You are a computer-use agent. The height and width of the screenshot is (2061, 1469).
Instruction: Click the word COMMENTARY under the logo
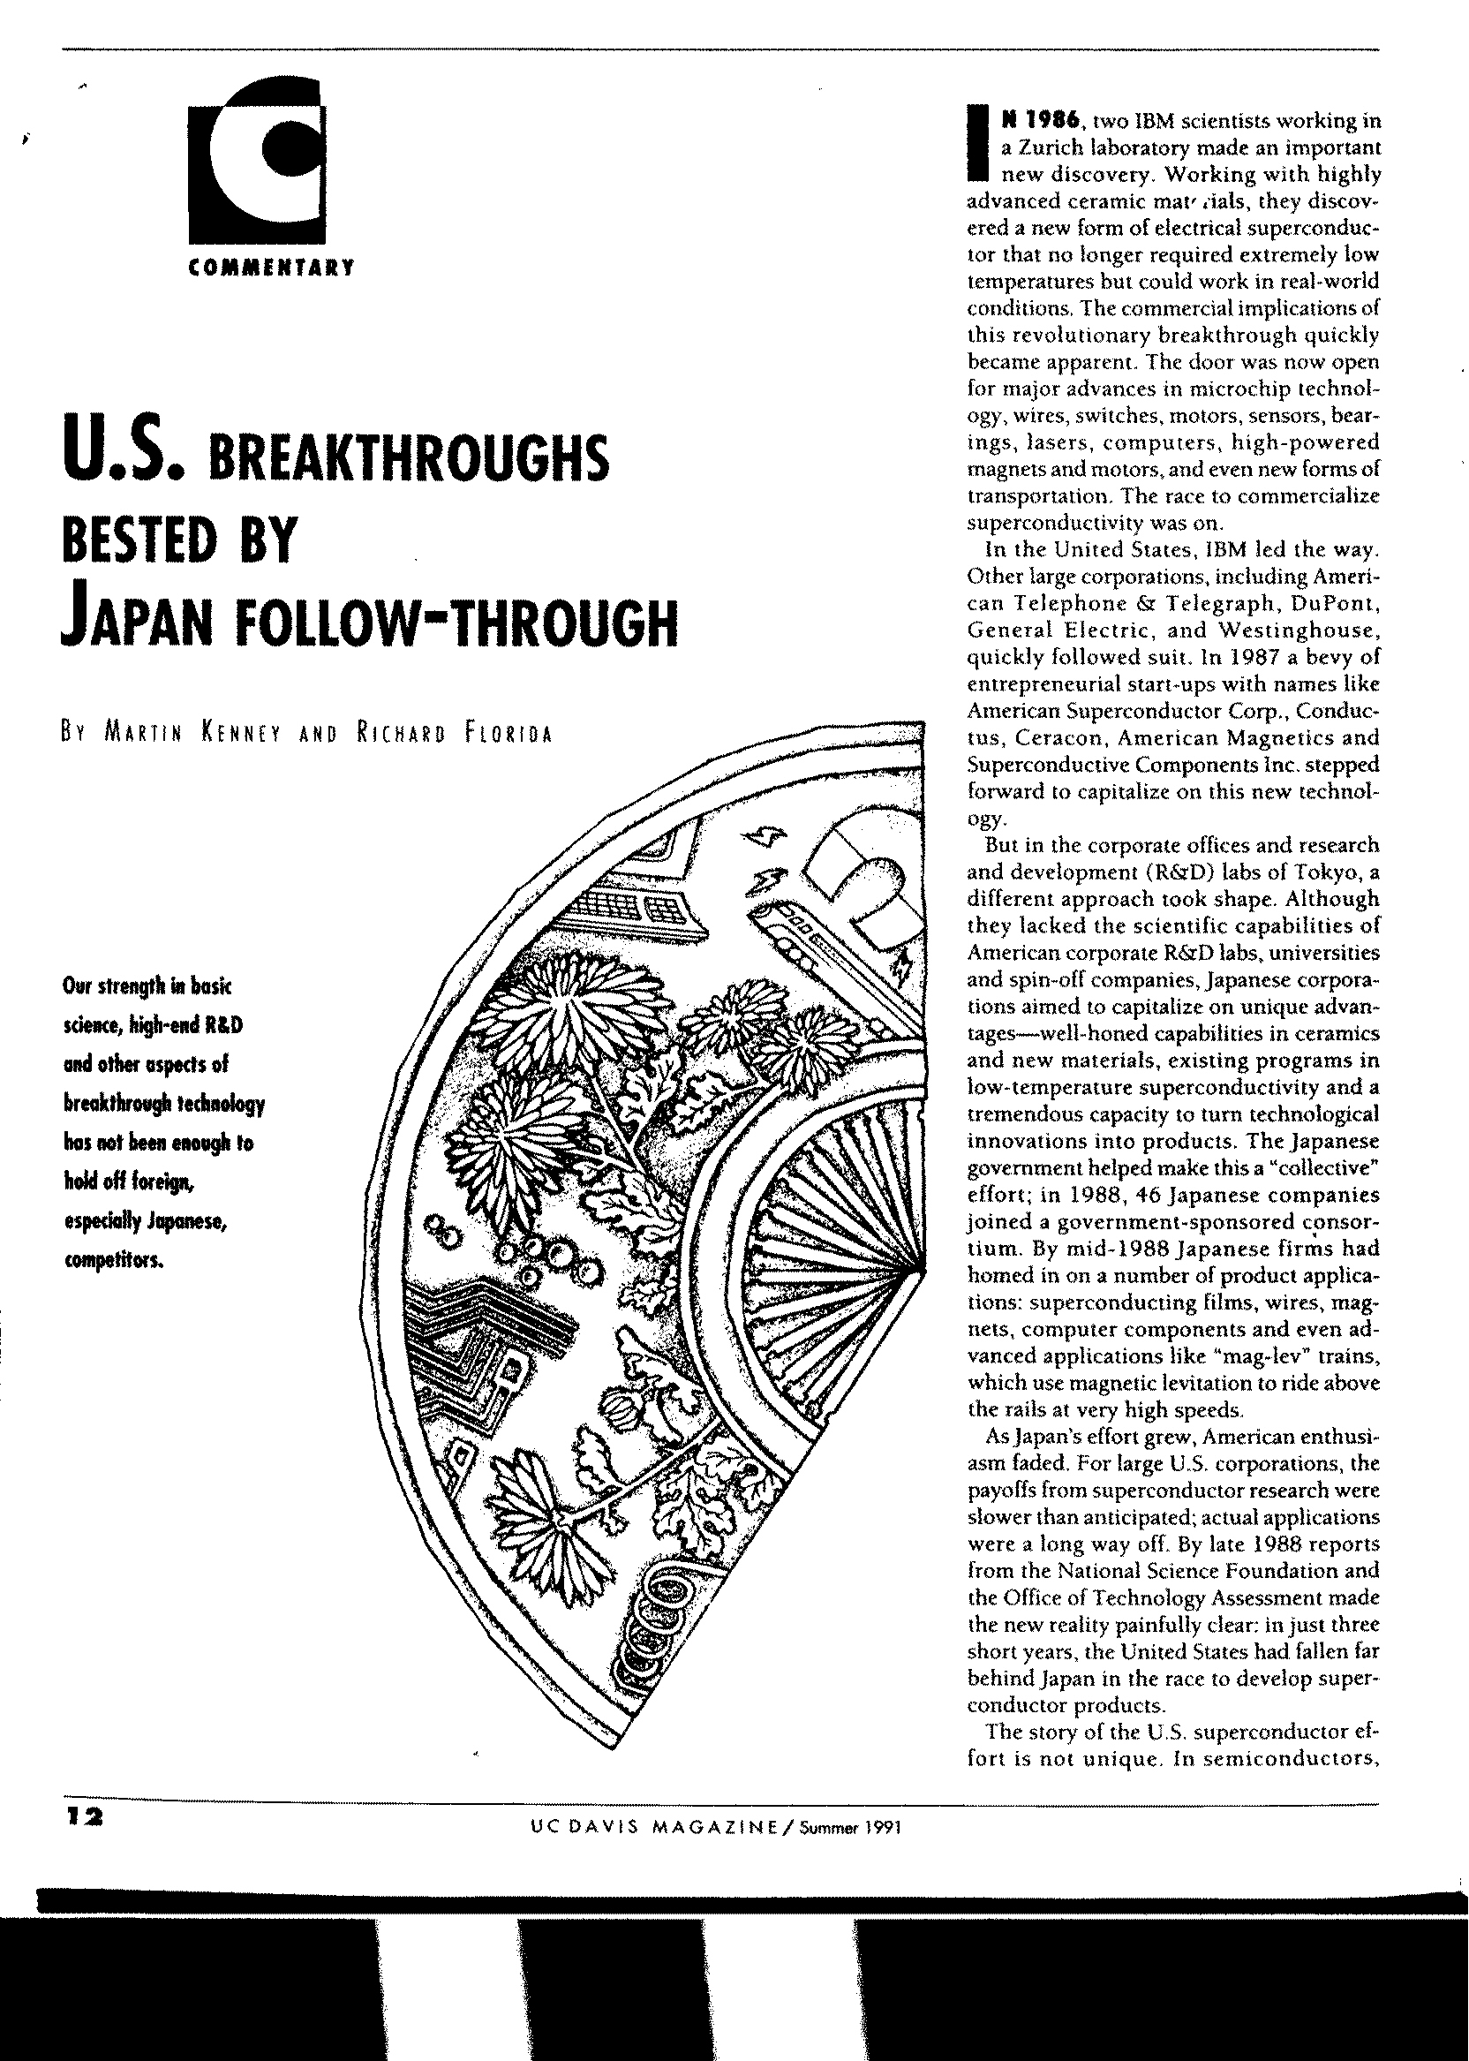268,268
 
